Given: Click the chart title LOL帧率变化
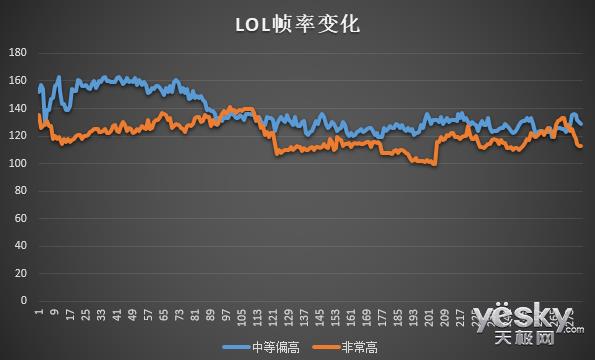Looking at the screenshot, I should click(297, 23).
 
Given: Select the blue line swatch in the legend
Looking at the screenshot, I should click(236, 346).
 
